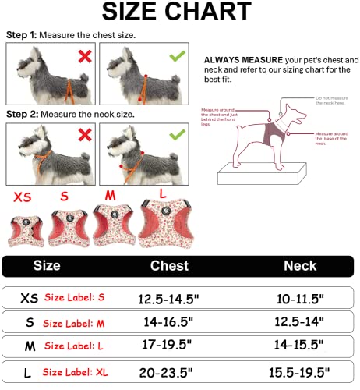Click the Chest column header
[169, 266]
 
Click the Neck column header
[299, 266]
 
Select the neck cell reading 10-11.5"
[298, 299]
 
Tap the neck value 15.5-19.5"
[298, 371]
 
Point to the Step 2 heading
[23, 114]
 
